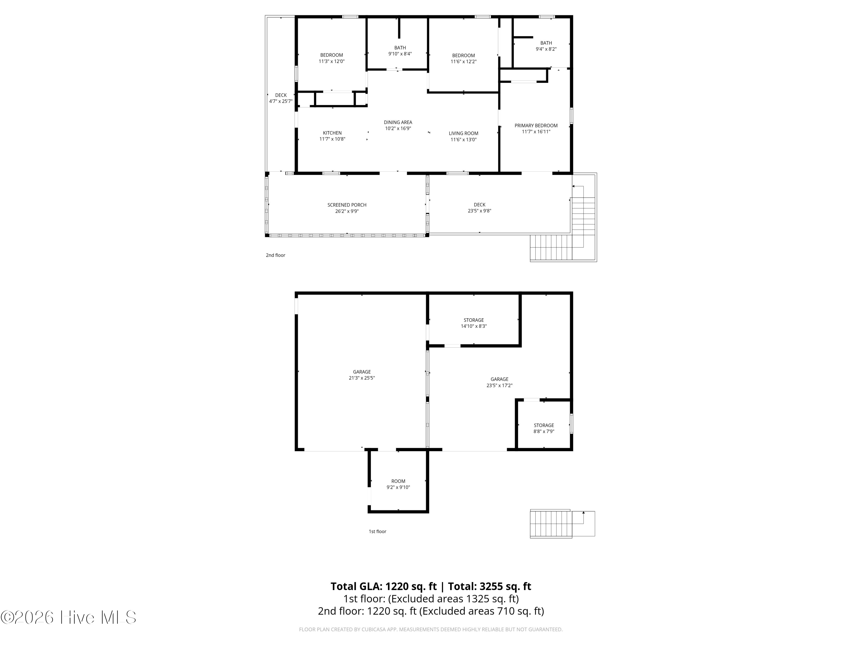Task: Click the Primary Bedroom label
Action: coord(536,126)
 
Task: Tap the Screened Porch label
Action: coord(347,205)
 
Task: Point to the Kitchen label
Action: coord(332,133)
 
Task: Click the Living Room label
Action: coord(463,133)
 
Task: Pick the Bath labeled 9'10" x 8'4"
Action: coord(400,51)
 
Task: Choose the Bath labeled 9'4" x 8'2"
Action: coord(546,46)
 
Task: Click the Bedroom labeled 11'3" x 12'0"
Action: coord(332,58)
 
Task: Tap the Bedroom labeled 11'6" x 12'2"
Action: coord(463,58)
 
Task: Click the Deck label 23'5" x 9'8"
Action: coord(479,208)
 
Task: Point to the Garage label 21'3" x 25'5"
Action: coord(362,375)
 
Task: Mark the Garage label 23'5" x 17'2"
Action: coord(499,382)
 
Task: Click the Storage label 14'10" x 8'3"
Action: coord(474,323)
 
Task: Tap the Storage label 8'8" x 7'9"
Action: coord(544,428)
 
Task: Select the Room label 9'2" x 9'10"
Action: coord(398,484)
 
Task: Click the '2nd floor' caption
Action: coord(276,255)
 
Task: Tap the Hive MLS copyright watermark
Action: coord(69,617)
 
